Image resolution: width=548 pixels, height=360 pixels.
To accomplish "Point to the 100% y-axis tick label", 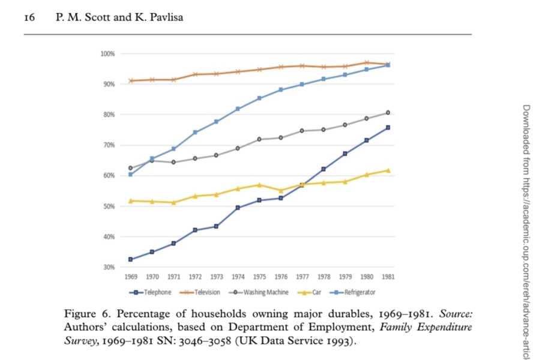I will pos(109,54).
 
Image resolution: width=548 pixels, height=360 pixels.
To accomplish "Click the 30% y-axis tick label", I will pos(110,267).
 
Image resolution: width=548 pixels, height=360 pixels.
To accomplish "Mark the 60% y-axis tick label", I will pos(110,176).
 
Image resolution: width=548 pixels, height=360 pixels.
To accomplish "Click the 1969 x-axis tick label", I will pos(131,277).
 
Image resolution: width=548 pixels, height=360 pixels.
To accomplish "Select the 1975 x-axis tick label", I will pos(259,277).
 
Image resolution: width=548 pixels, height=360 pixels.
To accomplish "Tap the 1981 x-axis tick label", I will pos(388,277).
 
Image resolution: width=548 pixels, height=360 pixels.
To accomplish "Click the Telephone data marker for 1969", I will pos(131,259).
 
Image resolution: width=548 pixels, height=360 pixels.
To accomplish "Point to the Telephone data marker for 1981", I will pos(388,127).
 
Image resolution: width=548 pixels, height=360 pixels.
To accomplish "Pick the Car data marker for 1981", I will pos(388,170).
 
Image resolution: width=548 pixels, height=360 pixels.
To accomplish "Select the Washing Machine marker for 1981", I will pos(388,113).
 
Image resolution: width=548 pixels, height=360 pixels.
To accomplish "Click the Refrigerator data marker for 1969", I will pos(131,175).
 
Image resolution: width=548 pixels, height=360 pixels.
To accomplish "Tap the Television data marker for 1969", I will pos(131,80).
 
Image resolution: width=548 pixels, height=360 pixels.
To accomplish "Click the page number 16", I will pos(29,17).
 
